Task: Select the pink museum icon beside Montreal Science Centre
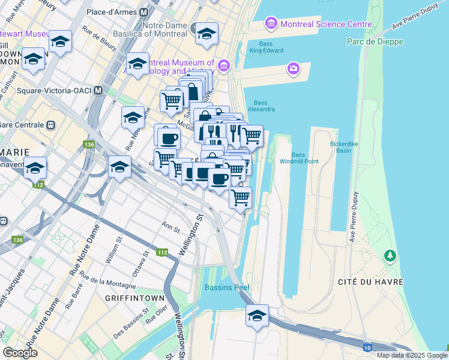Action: [x=270, y=24]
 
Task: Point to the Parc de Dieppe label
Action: [x=375, y=41]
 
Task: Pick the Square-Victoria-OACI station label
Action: [x=52, y=91]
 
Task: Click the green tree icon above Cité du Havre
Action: [x=391, y=256]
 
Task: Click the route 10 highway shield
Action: [x=367, y=347]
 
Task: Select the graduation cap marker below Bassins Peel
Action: [x=257, y=316]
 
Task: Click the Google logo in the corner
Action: [x=20, y=353]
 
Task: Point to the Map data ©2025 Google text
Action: [x=412, y=355]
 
